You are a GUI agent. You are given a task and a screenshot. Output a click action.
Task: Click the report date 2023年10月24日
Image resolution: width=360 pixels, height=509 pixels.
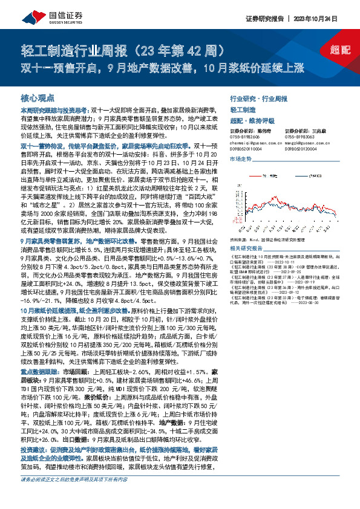point(327,19)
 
